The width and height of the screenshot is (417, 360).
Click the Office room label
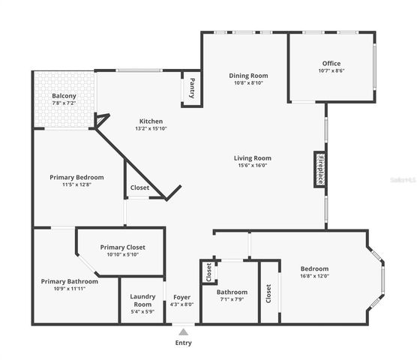click(x=331, y=63)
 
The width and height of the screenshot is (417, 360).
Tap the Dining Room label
click(x=248, y=76)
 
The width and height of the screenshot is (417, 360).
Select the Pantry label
click(x=193, y=88)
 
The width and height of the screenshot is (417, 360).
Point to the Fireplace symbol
click(x=319, y=169)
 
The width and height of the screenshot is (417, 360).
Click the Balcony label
click(x=64, y=96)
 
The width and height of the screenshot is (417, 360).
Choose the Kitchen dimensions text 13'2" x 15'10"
click(x=151, y=129)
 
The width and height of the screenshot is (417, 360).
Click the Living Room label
click(x=252, y=158)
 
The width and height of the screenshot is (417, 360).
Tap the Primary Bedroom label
click(x=76, y=178)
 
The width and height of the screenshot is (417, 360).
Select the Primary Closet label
click(x=122, y=247)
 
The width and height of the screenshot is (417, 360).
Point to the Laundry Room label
click(x=142, y=300)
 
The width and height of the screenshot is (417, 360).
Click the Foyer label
click(x=182, y=297)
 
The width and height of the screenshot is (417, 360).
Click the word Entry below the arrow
click(x=184, y=343)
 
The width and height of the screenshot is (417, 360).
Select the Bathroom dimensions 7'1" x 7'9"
click(x=232, y=299)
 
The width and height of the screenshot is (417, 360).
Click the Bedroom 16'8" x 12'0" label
click(x=314, y=273)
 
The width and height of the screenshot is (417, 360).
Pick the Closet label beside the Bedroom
click(x=268, y=293)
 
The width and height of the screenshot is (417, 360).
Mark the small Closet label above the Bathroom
click(x=208, y=273)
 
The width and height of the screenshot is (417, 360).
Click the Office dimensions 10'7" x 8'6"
click(x=331, y=71)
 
